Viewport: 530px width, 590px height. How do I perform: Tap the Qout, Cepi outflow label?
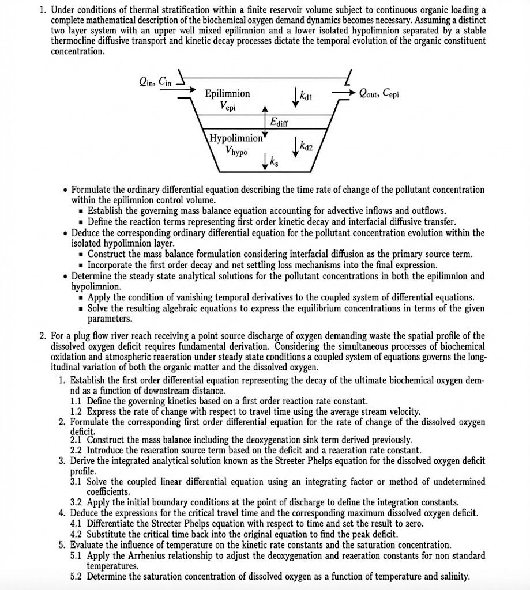tap(378, 93)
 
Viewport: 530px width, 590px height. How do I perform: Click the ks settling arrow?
tap(265, 161)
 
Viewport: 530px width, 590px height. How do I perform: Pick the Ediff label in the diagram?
tap(279, 122)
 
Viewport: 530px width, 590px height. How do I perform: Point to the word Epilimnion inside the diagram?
tap(227, 93)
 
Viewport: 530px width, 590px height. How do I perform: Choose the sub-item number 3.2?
tap(77, 502)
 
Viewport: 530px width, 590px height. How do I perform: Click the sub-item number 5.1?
tap(77, 556)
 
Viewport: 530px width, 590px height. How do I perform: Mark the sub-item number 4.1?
tap(77, 524)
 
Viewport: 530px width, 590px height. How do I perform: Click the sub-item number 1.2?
tap(77, 411)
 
